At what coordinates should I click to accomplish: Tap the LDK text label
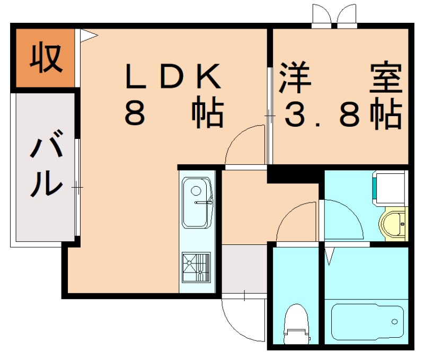(x=173, y=78)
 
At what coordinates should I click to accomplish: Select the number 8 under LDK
(x=135, y=112)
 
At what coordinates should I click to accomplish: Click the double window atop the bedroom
(x=334, y=16)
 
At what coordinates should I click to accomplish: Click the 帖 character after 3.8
(x=385, y=113)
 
